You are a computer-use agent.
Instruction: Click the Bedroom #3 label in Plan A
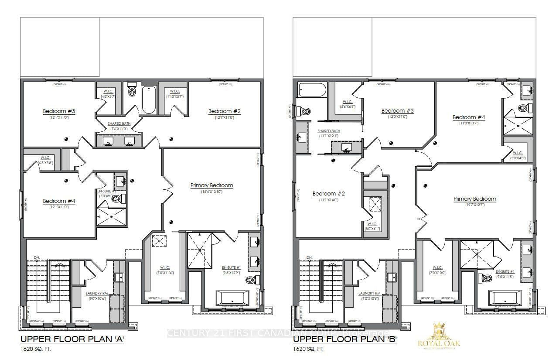59,111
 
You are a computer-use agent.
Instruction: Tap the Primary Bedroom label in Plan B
475,199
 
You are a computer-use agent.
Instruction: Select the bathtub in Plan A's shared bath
148,100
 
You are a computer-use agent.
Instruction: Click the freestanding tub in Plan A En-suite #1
232,298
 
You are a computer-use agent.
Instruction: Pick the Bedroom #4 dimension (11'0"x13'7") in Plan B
469,123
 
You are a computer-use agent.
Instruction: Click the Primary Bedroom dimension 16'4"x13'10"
211,192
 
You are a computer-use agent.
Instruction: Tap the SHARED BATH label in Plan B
329,131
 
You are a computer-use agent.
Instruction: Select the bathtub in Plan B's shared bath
312,91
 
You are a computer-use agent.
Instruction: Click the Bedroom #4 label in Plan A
59,201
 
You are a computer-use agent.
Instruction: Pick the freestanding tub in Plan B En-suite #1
505,298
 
